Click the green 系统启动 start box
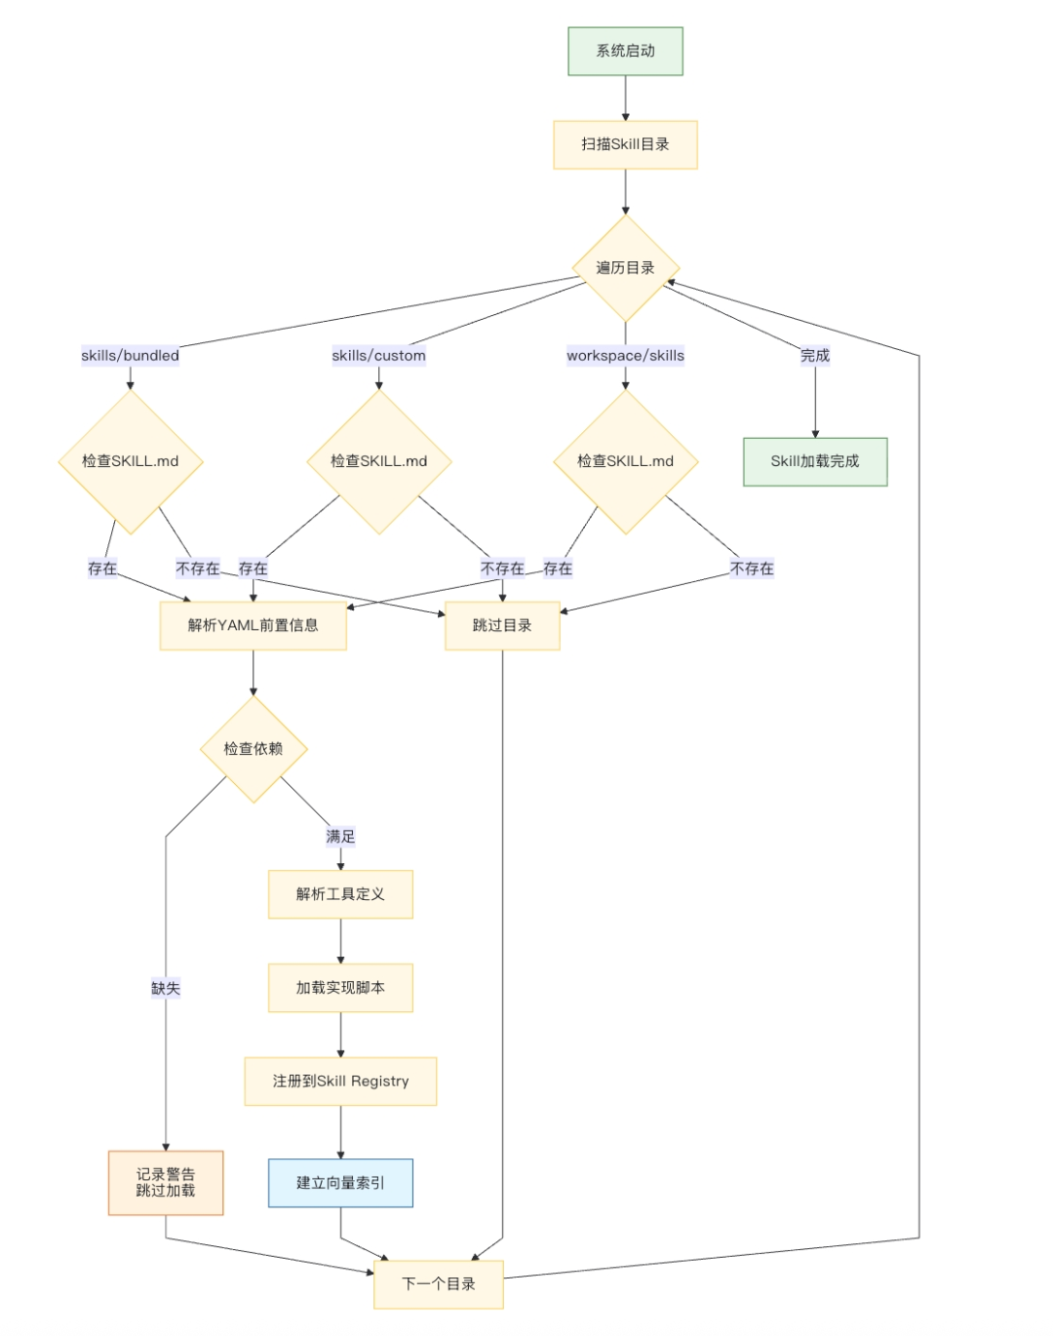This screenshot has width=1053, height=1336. (x=625, y=51)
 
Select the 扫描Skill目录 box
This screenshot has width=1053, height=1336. (x=625, y=144)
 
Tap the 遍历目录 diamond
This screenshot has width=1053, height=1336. (x=625, y=268)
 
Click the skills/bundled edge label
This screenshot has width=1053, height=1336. (x=130, y=356)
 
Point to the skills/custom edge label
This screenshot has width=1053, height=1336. (x=378, y=356)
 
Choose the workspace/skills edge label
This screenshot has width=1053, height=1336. (x=625, y=356)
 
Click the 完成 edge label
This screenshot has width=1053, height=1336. (x=815, y=356)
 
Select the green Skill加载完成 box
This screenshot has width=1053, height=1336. (x=815, y=462)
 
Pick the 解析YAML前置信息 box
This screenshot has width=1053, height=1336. (x=253, y=626)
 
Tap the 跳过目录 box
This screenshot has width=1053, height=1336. (x=502, y=626)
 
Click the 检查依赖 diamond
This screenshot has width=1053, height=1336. (x=253, y=749)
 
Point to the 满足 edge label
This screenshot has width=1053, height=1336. (x=340, y=837)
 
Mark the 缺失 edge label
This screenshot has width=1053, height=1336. (x=166, y=988)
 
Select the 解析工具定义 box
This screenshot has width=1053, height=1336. (x=340, y=894)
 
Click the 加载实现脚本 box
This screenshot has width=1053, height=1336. (x=340, y=988)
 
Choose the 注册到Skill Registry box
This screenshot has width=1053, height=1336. (x=340, y=1081)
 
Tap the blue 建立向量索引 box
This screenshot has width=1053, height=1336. (x=340, y=1183)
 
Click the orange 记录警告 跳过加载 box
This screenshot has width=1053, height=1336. (x=166, y=1183)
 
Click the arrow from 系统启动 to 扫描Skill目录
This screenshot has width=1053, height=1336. (x=625, y=98)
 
